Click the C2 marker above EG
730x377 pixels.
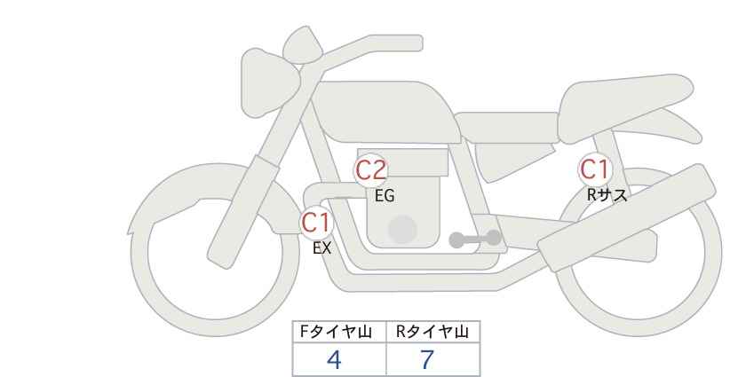point(371,170)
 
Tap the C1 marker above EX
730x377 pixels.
point(316,223)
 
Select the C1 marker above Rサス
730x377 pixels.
point(594,169)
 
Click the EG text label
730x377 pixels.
point(385,196)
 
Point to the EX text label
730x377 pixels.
point(322,248)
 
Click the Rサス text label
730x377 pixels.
point(607,195)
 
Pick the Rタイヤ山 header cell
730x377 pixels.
point(433,332)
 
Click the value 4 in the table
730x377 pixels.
point(334,359)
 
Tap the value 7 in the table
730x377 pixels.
point(427,359)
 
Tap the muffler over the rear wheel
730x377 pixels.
point(627,217)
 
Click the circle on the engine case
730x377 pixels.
point(402,229)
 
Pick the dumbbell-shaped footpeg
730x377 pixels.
point(475,239)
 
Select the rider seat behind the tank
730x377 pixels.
point(507,127)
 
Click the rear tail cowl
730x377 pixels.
point(626,108)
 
